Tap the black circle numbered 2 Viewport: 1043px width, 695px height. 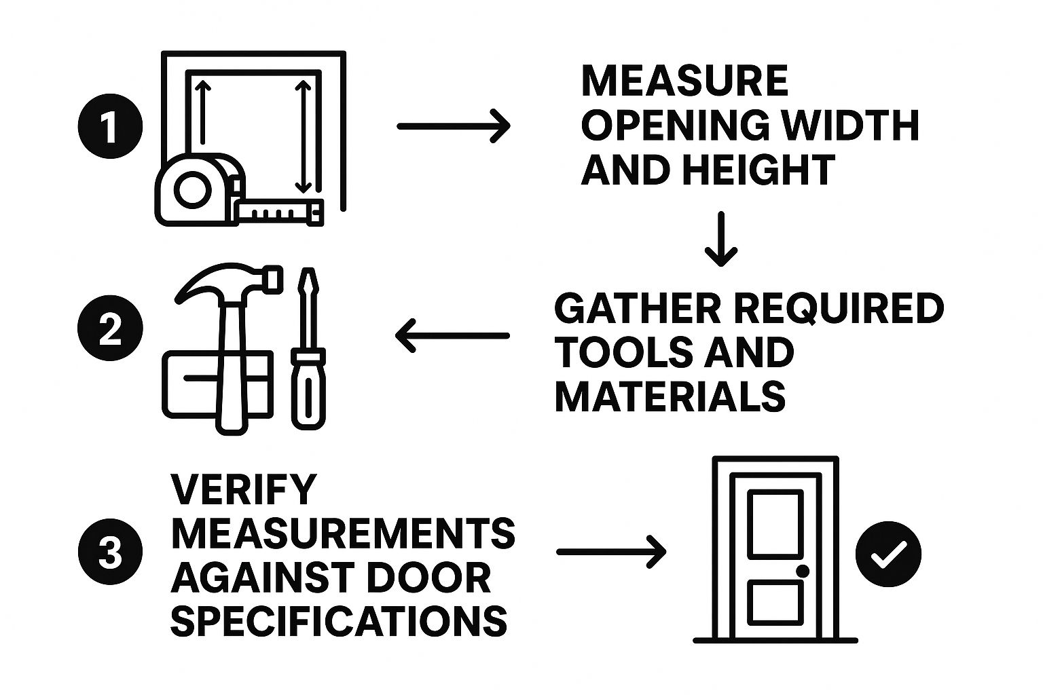111,331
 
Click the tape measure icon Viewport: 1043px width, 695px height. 197,190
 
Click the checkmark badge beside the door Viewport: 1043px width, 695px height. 888,554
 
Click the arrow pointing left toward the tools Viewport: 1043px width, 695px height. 452,335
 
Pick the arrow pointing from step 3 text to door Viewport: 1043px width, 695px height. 611,552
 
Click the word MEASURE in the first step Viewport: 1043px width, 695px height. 684,81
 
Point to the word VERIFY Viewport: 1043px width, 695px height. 244,489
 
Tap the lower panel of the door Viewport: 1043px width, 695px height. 775,603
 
